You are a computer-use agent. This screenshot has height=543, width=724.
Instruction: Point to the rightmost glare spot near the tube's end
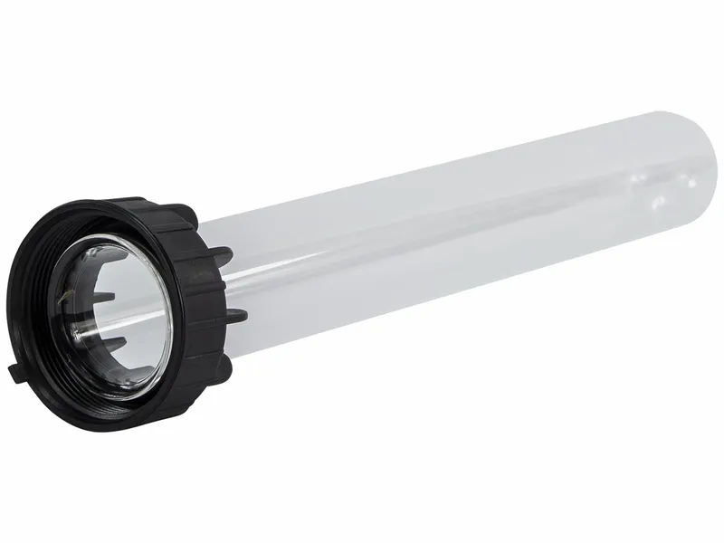click(x=691, y=182)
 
